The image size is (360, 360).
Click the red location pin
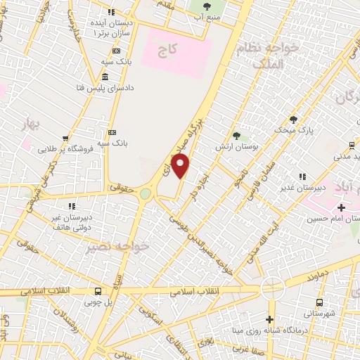(181, 167)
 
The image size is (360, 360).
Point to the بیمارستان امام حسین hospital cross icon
(342, 207)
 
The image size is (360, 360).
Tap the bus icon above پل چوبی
(98, 291)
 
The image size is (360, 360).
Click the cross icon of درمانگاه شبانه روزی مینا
(269, 320)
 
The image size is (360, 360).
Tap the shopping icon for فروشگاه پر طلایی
(65, 139)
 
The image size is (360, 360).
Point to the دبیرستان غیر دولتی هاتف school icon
(71, 206)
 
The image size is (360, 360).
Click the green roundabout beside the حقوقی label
(146, 193)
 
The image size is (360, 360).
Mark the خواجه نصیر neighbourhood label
(103, 247)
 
